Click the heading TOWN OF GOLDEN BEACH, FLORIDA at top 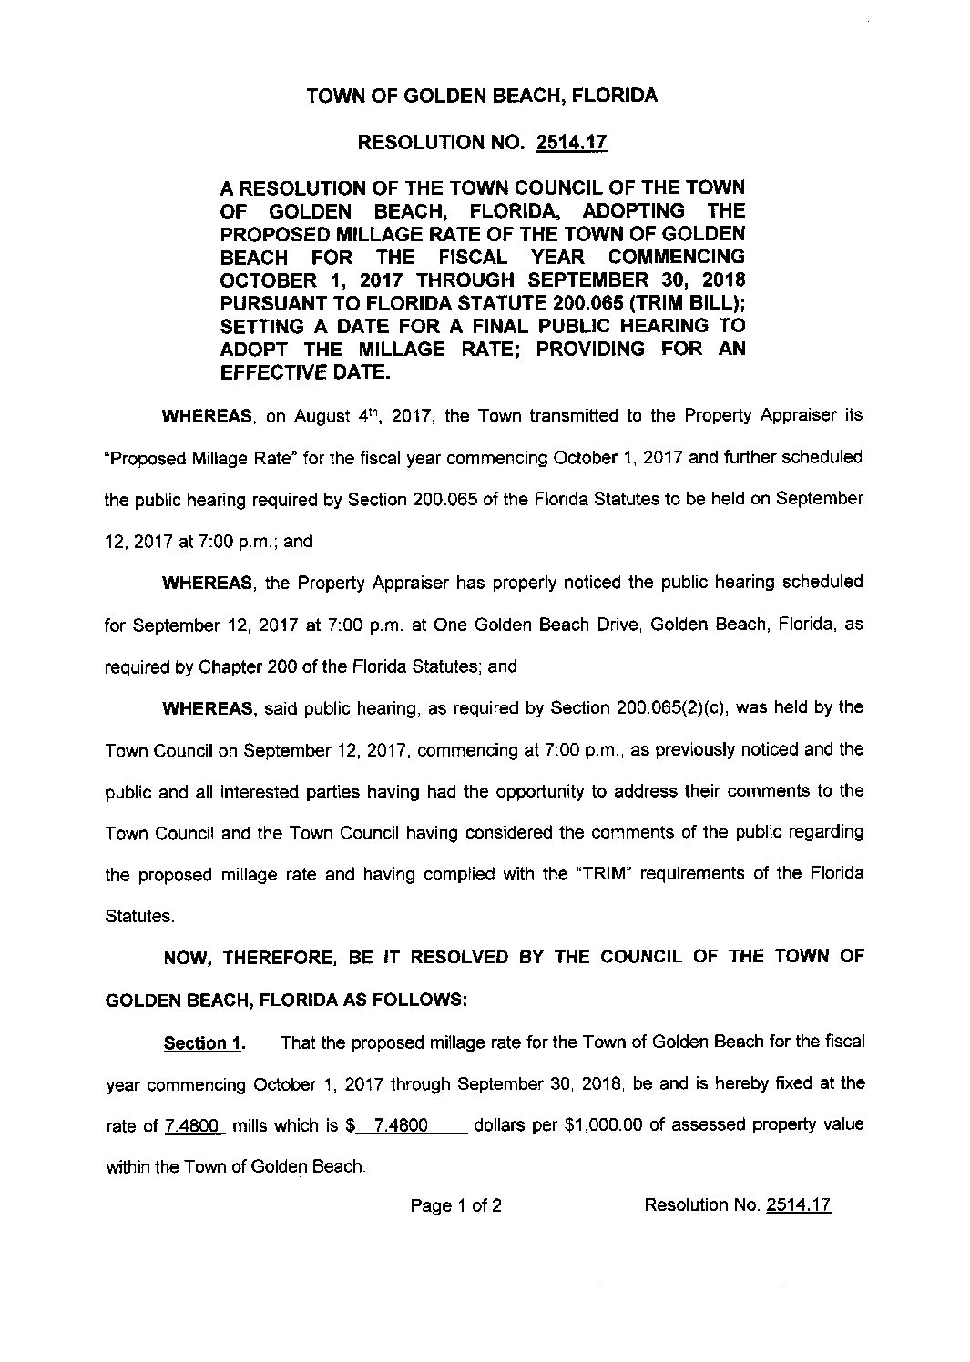482,96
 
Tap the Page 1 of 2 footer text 455,1206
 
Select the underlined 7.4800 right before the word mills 193,1125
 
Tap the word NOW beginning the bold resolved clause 188,958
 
